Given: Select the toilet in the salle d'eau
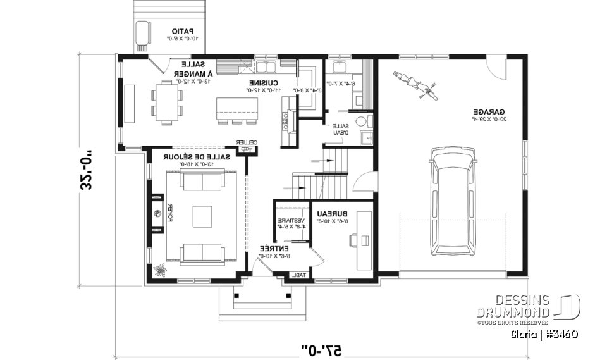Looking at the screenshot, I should click(361, 121).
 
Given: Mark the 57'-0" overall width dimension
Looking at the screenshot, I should click(321, 349).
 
